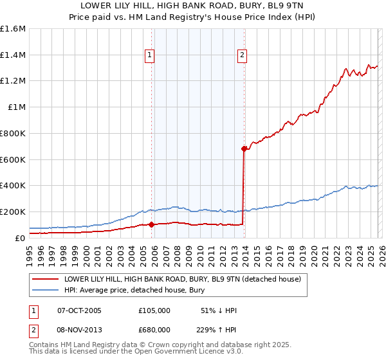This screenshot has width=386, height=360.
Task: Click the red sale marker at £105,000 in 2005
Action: [152, 224]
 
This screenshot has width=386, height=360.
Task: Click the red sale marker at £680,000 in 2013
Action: [244, 148]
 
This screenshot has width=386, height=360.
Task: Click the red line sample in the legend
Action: [45, 280]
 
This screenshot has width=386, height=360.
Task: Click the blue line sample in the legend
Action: [45, 291]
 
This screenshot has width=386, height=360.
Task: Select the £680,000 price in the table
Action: [154, 328]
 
